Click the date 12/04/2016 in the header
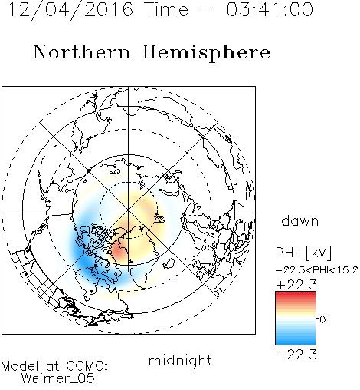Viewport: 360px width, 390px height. [70, 10]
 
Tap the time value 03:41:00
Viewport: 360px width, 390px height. [270, 9]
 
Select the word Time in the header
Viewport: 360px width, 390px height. [166, 9]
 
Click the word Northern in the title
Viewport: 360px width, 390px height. [82, 51]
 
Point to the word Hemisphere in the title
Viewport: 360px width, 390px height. [206, 53]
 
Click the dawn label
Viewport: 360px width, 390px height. [300, 220]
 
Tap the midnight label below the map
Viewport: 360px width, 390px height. [180, 360]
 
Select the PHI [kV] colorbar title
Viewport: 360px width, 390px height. [303, 253]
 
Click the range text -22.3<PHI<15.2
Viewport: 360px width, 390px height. [317, 270]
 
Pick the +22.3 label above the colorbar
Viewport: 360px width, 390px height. [296, 285]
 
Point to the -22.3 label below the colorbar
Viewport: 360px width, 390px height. [296, 355]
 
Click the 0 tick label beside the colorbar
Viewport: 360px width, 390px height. [322, 319]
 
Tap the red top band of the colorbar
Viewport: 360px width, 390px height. [296, 294]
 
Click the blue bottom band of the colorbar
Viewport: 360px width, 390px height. [296, 342]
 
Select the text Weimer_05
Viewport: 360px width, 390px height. [57, 378]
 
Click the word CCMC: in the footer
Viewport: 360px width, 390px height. [87, 366]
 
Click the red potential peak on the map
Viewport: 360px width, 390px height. [119, 251]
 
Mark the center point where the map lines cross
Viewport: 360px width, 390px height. [129, 210]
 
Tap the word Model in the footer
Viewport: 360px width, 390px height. [20, 366]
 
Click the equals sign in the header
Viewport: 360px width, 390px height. [208, 10]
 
